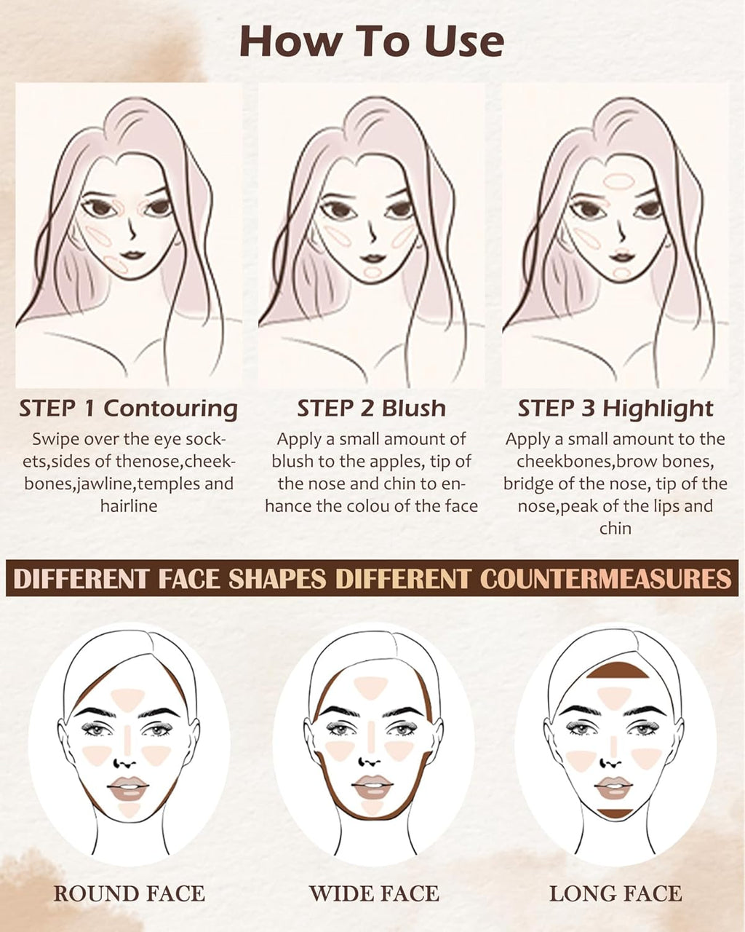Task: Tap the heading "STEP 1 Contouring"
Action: coord(128,408)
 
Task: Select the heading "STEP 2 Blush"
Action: coord(371,408)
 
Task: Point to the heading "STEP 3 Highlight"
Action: coord(615,408)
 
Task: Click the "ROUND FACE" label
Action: coord(129,893)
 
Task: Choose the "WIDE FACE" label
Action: coord(374,893)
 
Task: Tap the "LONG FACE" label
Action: coord(615,893)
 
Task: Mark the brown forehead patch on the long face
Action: coord(617,671)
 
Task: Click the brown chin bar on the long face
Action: coord(615,811)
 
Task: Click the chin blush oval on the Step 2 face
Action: coord(372,273)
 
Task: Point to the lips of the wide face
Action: coord(372,786)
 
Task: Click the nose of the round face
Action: coord(127,762)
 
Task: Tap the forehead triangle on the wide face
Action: coord(370,685)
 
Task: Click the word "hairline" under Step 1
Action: coord(129,505)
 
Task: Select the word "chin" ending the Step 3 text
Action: coord(615,528)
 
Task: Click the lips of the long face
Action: coord(614,787)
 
